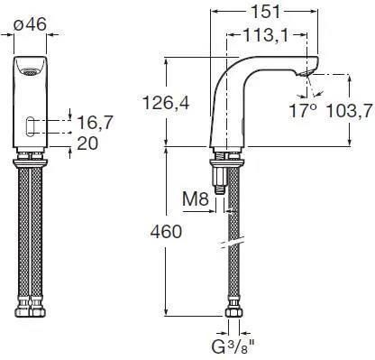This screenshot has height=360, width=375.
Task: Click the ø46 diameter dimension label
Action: (30, 23)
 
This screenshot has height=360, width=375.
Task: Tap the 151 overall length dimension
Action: (265, 13)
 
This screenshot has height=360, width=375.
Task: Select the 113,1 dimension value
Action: (266, 35)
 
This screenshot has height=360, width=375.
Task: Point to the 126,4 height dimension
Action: (166, 103)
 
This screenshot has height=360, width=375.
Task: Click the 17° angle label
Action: (303, 110)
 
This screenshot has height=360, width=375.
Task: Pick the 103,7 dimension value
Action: (349, 111)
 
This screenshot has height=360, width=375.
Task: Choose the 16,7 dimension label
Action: (95, 123)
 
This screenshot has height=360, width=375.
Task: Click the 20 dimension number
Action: (87, 143)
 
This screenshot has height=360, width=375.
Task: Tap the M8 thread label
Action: (196, 198)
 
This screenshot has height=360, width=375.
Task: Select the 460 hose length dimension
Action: (166, 232)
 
